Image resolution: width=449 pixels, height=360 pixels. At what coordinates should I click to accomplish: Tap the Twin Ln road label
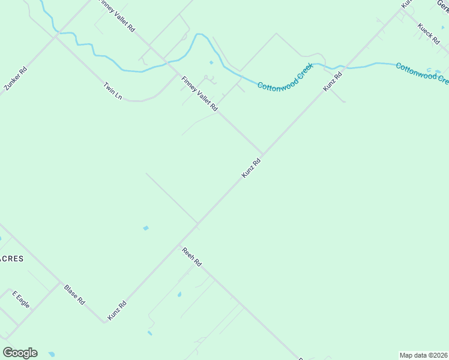(113, 91)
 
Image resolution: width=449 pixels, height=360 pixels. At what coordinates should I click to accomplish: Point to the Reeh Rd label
(192, 256)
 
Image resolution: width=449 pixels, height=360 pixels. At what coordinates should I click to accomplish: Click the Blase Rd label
(74, 295)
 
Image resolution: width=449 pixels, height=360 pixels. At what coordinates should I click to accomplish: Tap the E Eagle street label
(21, 299)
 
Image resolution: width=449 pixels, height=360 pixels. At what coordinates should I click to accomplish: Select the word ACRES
(11, 259)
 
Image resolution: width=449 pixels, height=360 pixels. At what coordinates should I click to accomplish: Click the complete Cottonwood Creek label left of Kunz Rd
(285, 76)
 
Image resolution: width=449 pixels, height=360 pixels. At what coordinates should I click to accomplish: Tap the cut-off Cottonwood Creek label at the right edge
(422, 73)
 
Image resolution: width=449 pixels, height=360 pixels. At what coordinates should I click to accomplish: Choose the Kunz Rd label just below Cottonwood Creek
(333, 82)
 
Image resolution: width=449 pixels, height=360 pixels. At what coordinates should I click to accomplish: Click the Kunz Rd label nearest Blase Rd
(117, 310)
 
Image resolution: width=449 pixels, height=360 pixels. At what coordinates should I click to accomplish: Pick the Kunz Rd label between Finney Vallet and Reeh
(252, 168)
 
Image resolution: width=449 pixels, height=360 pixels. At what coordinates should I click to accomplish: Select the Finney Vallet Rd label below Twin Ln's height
(199, 93)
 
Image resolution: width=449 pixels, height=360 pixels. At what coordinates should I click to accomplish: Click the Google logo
(20, 353)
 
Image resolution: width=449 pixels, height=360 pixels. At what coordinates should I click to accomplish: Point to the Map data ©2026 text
(423, 355)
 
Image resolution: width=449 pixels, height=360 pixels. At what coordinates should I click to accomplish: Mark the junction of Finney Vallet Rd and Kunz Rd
(262, 154)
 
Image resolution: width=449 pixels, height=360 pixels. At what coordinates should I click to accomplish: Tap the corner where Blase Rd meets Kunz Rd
(104, 322)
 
